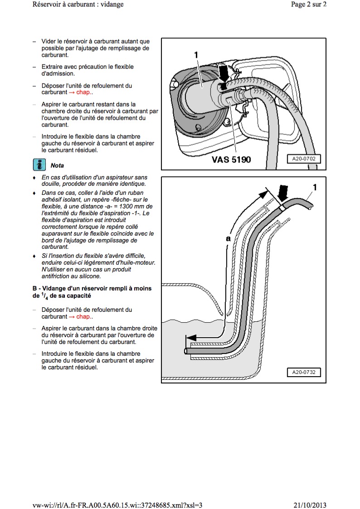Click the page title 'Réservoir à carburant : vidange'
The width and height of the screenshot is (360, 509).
tap(78, 5)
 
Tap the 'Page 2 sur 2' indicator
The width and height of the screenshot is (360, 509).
tap(308, 5)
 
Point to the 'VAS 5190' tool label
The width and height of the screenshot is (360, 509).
tap(231, 160)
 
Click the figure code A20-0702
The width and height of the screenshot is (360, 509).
tap(303, 159)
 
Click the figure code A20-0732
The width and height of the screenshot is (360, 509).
tap(303, 373)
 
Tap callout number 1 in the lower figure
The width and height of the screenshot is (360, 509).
tap(315, 187)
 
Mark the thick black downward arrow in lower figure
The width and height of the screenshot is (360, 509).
tap(283, 194)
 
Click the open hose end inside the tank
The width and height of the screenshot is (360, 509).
tap(186, 351)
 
